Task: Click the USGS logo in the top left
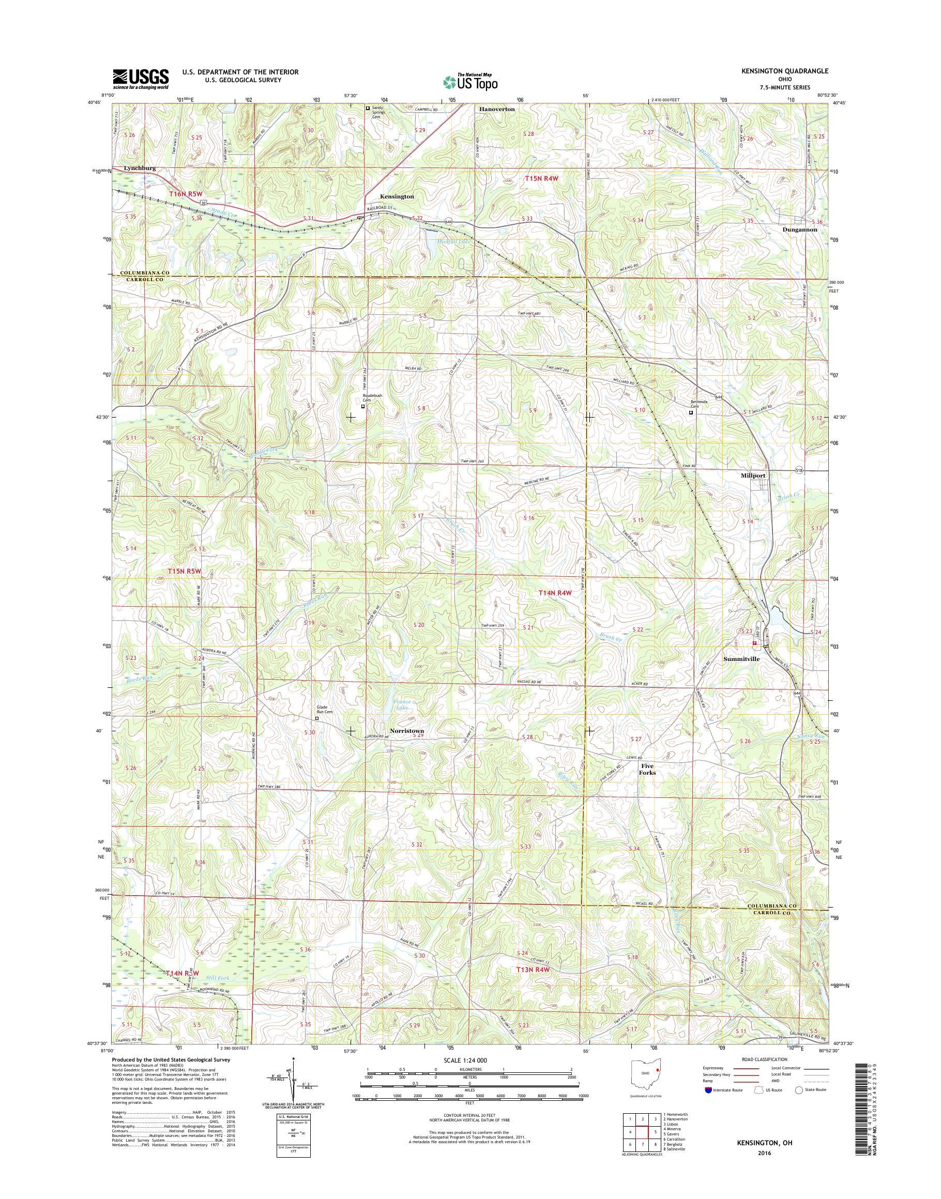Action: [141, 79]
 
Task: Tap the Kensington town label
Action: [397, 196]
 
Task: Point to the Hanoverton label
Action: [496, 109]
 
